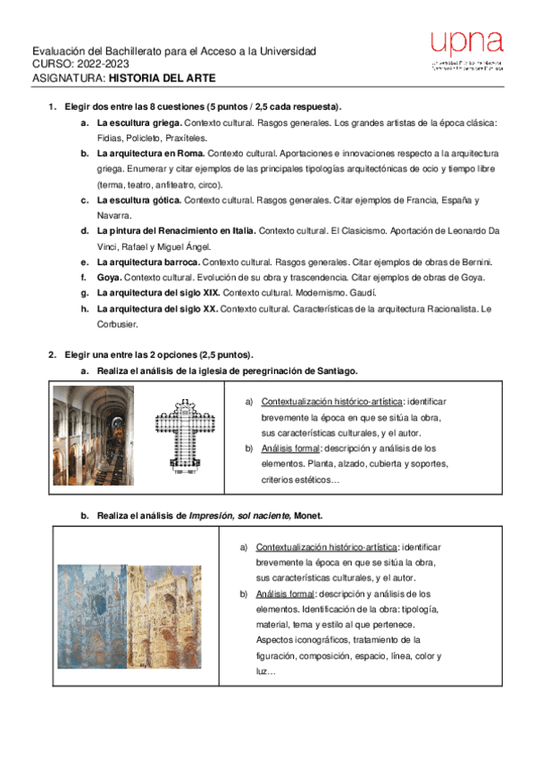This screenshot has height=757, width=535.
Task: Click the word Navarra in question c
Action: pyautogui.click(x=113, y=215)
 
